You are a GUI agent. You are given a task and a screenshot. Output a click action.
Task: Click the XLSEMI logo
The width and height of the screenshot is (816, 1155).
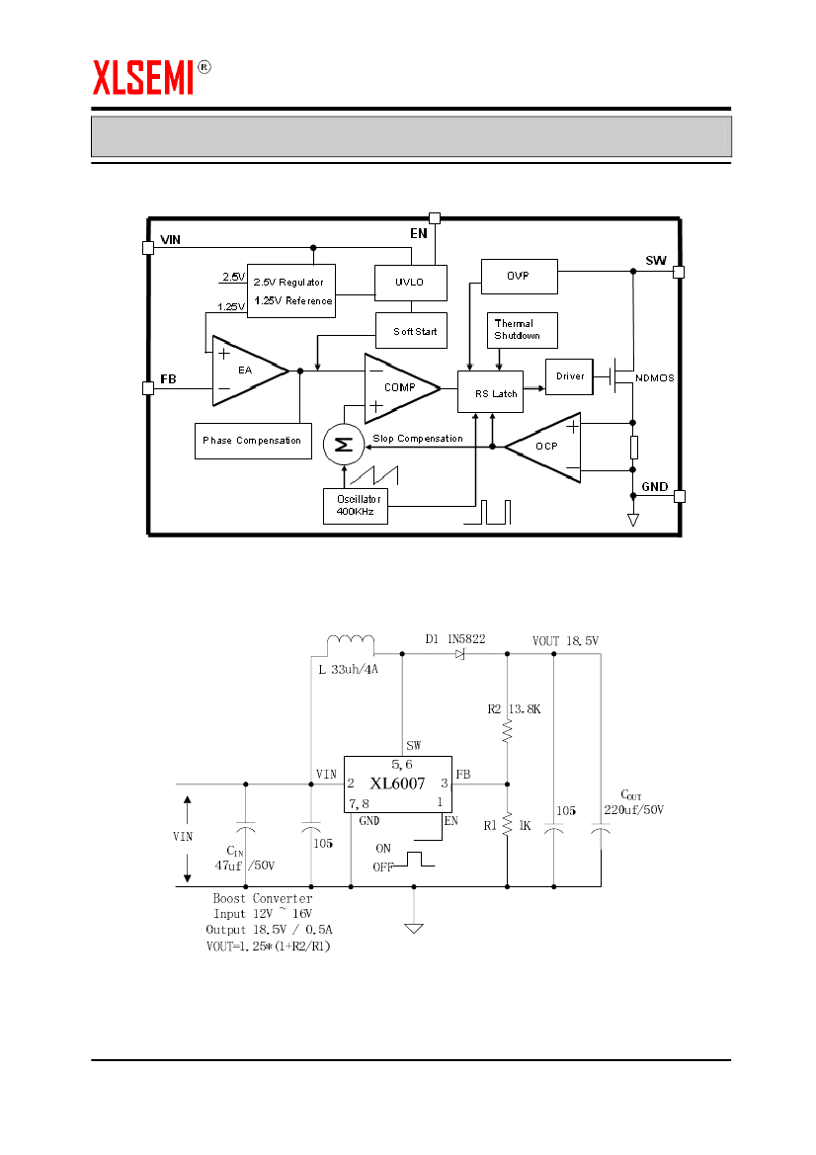(x=144, y=77)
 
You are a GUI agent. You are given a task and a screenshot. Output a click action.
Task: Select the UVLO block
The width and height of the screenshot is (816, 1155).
(x=410, y=283)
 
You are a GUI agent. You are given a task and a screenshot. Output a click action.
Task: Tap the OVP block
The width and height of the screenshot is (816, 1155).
(x=519, y=277)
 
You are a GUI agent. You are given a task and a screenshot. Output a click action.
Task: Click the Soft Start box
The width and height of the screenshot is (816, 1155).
(x=414, y=331)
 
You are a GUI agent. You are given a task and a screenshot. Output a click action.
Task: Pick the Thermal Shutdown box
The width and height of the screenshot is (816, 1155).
(x=524, y=330)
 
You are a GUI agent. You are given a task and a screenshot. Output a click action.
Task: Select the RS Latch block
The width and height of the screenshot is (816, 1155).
(x=490, y=392)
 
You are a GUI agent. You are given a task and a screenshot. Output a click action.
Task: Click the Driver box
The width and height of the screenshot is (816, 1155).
(x=570, y=376)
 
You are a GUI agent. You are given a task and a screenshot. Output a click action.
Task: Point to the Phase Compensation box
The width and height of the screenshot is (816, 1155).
(x=252, y=441)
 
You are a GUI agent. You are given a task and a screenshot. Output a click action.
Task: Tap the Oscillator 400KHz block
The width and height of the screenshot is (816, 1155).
(x=355, y=506)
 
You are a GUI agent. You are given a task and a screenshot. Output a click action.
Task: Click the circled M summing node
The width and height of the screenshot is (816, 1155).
(x=344, y=445)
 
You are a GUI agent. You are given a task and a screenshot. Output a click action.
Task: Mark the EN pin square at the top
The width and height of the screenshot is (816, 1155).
(x=434, y=218)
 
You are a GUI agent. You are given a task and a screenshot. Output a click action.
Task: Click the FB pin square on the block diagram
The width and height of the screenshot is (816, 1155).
(x=148, y=387)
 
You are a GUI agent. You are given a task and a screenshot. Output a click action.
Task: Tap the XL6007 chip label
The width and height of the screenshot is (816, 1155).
(x=397, y=784)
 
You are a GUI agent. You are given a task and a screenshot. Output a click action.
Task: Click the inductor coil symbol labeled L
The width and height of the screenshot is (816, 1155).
(x=351, y=643)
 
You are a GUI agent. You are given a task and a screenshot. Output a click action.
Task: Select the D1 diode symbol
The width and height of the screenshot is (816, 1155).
(x=459, y=654)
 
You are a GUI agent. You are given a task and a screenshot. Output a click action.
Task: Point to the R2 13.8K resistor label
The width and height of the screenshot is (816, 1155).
(x=516, y=709)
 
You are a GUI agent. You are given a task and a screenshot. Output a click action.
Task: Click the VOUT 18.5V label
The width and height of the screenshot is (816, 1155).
(x=565, y=640)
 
